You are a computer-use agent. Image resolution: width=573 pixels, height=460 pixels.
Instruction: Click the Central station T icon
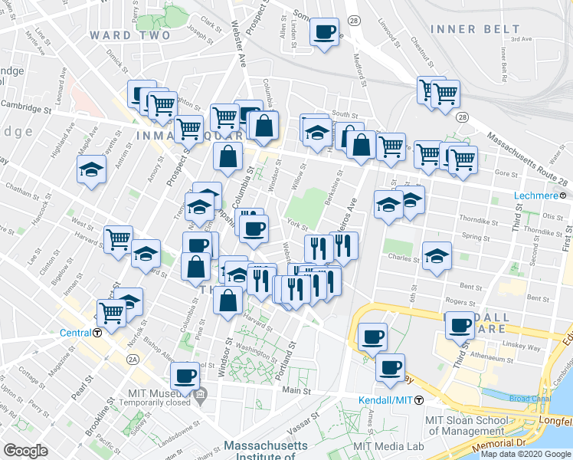[x=98, y=333]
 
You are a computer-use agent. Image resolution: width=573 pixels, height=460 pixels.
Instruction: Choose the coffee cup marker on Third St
[x=460, y=324]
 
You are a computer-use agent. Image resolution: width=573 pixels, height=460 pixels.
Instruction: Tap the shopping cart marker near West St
[x=118, y=238]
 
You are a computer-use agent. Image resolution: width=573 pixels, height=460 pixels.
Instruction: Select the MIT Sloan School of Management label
[x=467, y=424]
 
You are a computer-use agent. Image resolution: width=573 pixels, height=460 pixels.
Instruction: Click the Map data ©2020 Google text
[x=525, y=454]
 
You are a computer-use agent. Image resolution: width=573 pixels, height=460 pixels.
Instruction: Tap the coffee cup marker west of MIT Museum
[x=185, y=376]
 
